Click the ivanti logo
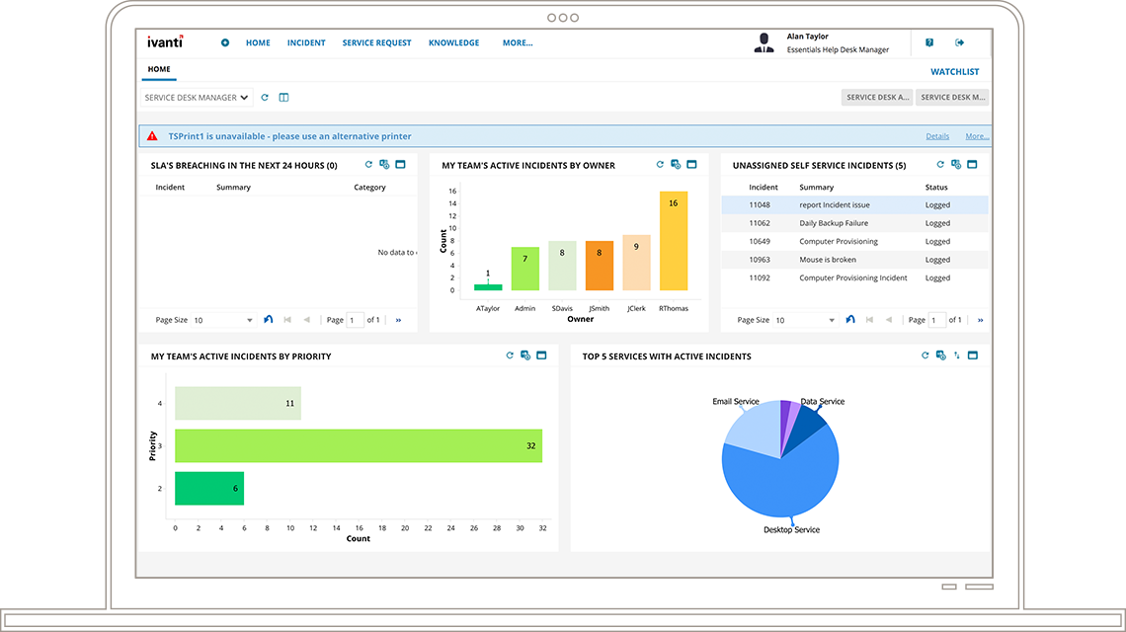165,42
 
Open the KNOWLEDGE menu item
453,43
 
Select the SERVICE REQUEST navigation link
376,43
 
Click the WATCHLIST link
954,72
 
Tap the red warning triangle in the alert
153,136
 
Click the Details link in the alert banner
937,136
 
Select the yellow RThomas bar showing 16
673,241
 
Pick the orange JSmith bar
600,266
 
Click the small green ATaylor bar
488,287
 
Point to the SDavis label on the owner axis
562,308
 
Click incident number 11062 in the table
760,223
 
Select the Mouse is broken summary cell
828,260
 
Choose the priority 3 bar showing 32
359,445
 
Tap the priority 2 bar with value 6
209,489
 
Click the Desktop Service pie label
791,530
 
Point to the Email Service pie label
736,402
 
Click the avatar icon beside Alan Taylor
764,42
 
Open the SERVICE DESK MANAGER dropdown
197,98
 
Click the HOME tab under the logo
159,70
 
